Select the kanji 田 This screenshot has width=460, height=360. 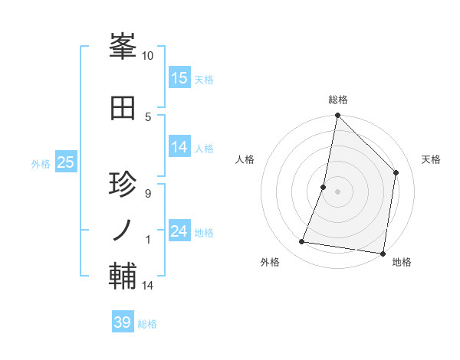[x=123, y=107]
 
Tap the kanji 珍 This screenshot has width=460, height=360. [x=123, y=185]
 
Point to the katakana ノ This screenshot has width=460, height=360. [x=123, y=230]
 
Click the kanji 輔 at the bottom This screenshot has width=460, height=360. [x=123, y=276]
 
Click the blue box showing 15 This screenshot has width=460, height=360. [x=179, y=78]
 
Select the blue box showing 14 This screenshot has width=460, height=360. [x=179, y=147]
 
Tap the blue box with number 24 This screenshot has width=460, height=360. [x=179, y=231]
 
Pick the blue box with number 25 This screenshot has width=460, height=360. [x=65, y=162]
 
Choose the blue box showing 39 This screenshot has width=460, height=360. [x=123, y=322]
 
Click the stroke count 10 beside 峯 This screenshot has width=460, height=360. [x=148, y=56]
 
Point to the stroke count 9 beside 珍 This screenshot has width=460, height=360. [x=147, y=193]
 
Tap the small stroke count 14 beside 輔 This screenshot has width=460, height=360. [x=148, y=286]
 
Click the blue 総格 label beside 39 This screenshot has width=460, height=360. [x=147, y=324]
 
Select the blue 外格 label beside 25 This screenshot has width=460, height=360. [x=41, y=163]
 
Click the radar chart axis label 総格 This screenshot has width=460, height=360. [x=338, y=100]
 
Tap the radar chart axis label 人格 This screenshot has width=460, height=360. [x=245, y=159]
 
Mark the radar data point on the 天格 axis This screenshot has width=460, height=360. [x=396, y=172]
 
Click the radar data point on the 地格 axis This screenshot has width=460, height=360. [x=382, y=253]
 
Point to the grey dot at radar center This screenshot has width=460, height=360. [x=338, y=191]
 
